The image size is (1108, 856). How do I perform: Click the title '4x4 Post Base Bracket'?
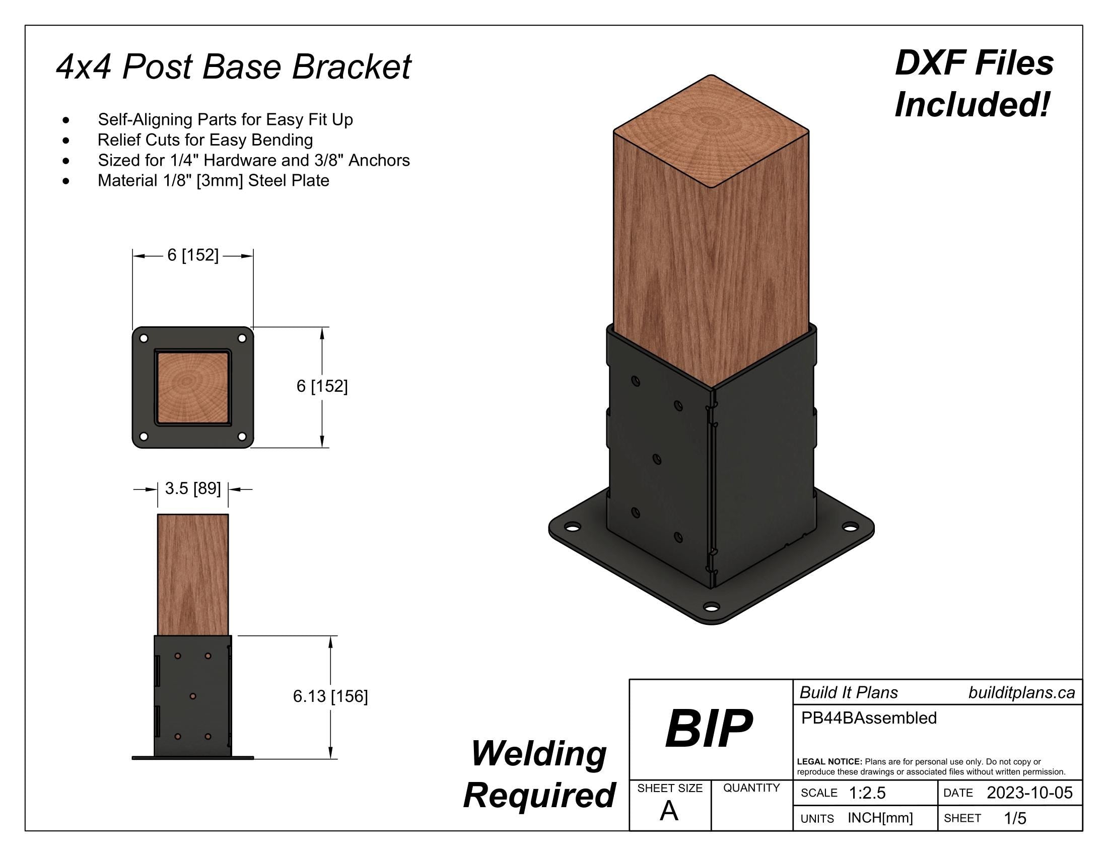pos(233,66)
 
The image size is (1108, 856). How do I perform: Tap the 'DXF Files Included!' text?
pos(974,84)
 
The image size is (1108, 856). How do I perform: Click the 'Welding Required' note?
pos(539,774)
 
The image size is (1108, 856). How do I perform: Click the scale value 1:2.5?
pos(867,793)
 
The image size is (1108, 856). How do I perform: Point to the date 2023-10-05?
pos(1029,793)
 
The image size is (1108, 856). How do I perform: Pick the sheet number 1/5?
pos(1015,818)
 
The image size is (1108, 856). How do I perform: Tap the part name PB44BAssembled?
pos(869,718)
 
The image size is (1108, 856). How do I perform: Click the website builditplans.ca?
pos(1021,693)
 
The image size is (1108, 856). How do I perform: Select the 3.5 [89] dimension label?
pos(193,488)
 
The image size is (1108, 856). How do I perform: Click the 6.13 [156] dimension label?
pos(330,696)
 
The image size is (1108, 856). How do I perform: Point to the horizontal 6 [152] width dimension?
pos(193,255)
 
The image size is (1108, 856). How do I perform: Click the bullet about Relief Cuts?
pos(205,140)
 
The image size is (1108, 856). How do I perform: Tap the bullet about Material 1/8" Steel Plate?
pos(213,181)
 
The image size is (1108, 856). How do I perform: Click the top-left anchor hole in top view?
pos(144,338)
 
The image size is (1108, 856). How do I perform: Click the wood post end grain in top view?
pos(193,387)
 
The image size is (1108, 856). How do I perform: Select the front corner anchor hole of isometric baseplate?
pos(712,607)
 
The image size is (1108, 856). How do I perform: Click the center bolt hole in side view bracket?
pos(193,696)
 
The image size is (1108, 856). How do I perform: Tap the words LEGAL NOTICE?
pos(829,762)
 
